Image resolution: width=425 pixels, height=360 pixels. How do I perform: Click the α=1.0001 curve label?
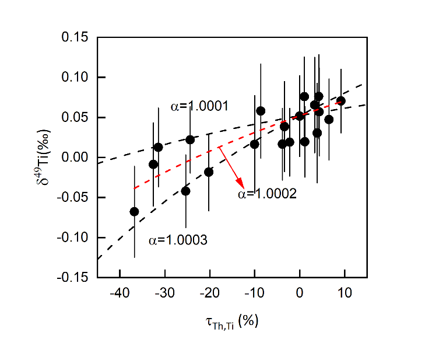coord(199,106)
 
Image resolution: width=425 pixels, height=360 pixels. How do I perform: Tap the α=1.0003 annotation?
coord(177,240)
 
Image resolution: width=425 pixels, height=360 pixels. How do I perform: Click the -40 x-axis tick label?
coord(120,291)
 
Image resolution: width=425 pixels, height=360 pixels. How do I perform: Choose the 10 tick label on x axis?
coord(344,291)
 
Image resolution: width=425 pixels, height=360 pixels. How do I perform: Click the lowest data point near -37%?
coord(135,212)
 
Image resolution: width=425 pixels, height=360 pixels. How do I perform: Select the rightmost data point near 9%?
coord(341,101)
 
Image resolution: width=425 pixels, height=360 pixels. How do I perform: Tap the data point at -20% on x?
coord(209,172)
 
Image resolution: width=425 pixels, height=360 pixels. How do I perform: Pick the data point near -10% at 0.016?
coord(255,144)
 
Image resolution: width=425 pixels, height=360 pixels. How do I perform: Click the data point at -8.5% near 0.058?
coord(261,111)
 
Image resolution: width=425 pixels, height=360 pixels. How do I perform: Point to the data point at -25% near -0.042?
coord(186,191)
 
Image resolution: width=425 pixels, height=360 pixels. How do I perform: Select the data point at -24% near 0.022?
coord(190,139)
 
